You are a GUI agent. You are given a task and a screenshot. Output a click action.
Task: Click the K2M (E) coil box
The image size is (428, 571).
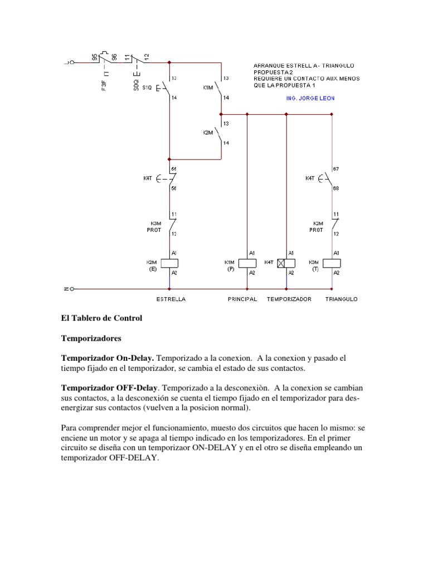(x=168, y=263)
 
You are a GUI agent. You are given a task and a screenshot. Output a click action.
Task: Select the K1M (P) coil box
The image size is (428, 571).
(x=247, y=263)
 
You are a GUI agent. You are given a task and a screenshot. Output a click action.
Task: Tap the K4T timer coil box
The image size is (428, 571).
(x=286, y=263)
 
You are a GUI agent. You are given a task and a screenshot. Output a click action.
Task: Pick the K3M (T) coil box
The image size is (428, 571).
(x=332, y=263)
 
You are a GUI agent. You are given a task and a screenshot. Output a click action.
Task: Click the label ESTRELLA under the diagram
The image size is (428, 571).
(x=171, y=299)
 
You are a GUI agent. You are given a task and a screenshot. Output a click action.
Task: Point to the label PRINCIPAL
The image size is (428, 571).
(x=242, y=299)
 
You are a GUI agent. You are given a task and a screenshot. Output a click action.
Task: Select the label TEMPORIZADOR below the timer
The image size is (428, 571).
(x=289, y=299)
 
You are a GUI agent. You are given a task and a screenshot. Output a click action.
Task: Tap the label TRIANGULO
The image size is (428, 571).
(x=342, y=299)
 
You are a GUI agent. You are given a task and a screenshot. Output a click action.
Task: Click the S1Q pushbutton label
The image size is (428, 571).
(x=147, y=88)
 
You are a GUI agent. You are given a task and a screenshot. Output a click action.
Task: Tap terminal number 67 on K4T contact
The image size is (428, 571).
(x=336, y=168)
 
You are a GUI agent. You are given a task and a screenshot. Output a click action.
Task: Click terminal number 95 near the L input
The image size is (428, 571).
(x=95, y=57)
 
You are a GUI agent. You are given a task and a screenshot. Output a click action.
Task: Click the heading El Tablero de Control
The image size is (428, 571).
(x=101, y=318)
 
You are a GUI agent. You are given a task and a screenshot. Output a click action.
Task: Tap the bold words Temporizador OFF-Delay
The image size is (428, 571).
(x=110, y=387)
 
